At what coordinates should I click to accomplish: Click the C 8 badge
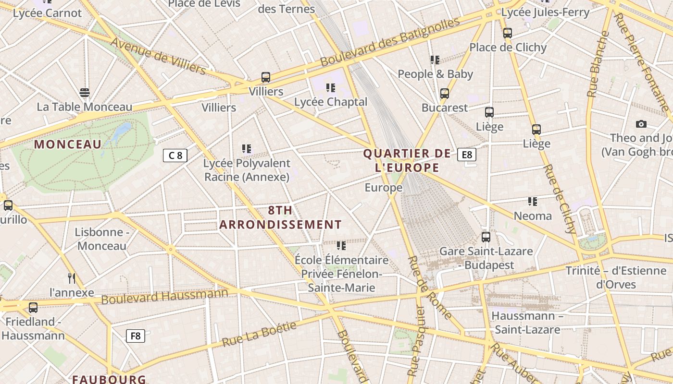175,156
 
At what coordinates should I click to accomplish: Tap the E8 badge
467,155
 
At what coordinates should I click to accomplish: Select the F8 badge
136,336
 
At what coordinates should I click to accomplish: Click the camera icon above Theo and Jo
641,124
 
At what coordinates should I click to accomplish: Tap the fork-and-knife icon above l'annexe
72,278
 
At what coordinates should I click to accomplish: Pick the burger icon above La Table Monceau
85,93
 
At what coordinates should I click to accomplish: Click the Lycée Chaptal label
331,102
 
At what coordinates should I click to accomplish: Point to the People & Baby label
435,74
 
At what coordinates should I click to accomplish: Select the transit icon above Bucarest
445,93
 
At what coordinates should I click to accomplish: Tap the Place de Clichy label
508,48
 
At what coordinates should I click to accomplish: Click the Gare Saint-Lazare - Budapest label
486,258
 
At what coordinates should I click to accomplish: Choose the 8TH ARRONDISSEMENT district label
281,217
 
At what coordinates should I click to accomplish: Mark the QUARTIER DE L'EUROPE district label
407,160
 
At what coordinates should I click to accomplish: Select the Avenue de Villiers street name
158,56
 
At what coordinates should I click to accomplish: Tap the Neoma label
533,216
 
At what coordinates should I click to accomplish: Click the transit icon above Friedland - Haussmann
33,307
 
